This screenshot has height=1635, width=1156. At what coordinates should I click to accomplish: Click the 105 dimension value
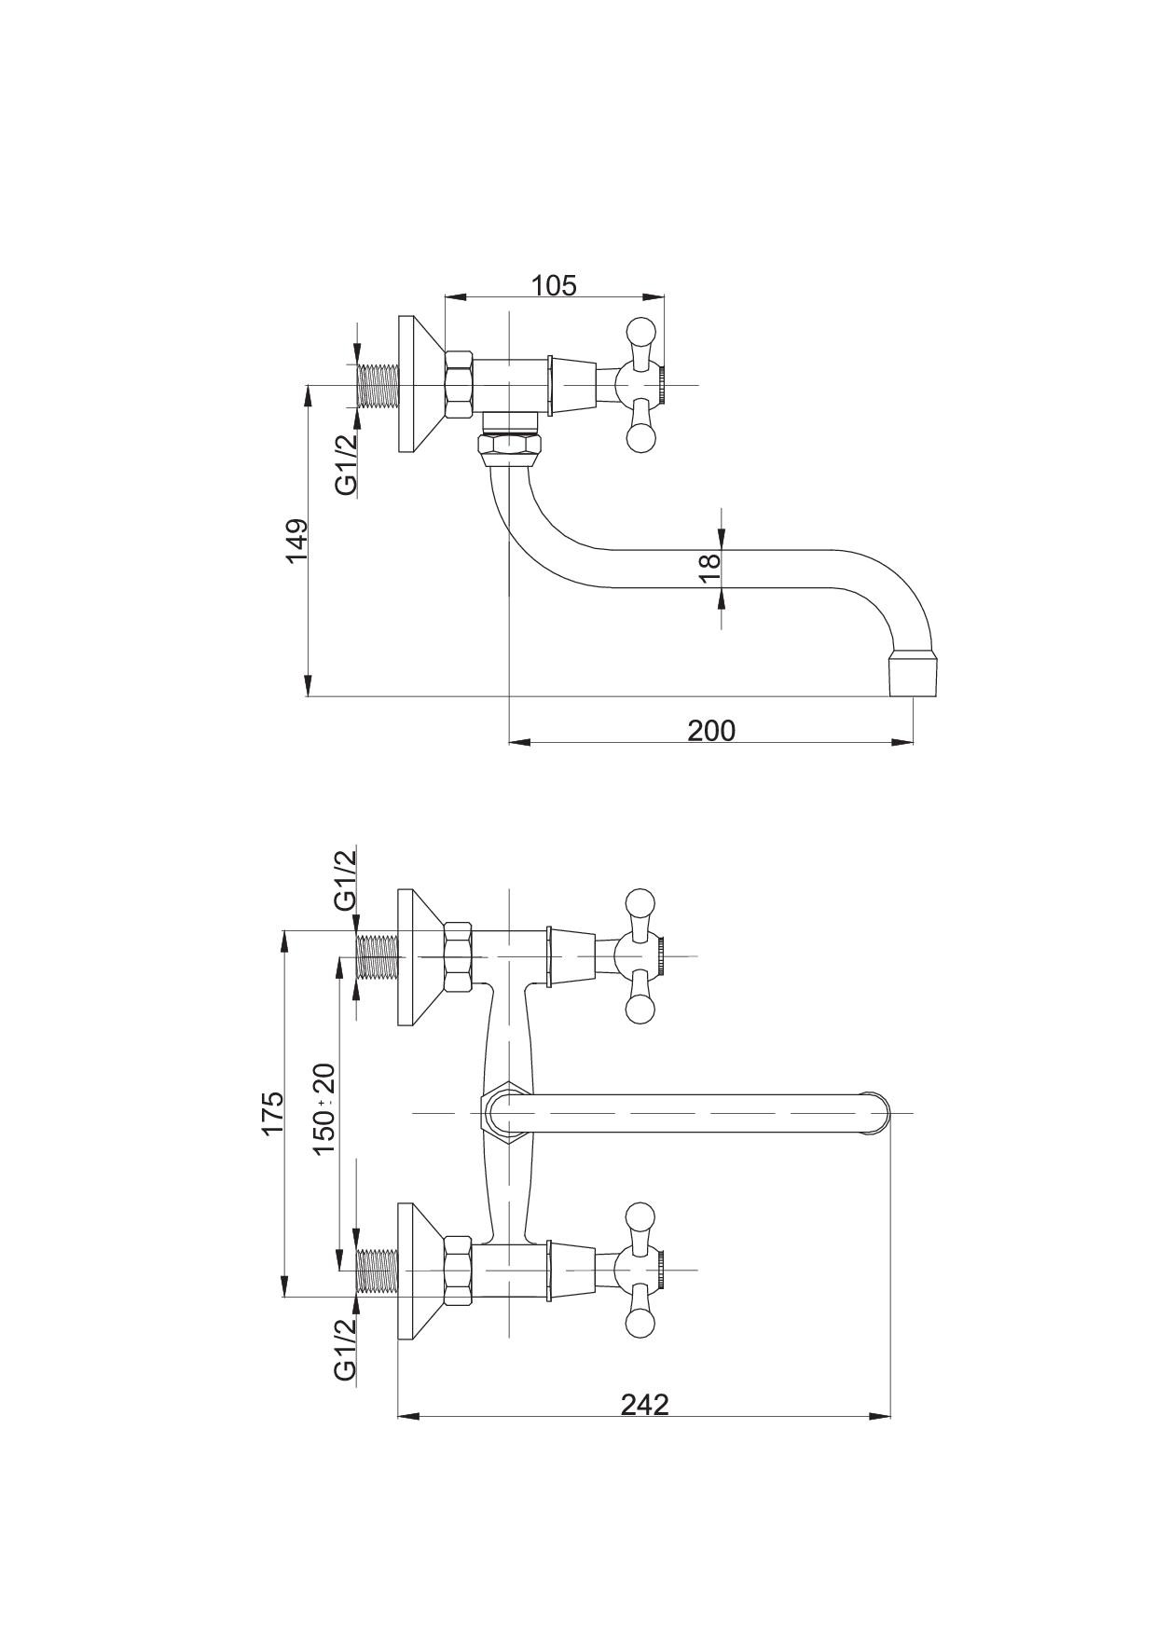coord(554,284)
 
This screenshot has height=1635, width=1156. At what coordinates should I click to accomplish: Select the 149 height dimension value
coord(296,541)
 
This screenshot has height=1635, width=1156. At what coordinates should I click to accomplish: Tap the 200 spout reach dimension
coord(711,730)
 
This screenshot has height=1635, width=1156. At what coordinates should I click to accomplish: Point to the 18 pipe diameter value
coord(709,569)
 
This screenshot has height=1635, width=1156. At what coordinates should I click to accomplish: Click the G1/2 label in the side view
coord(346,465)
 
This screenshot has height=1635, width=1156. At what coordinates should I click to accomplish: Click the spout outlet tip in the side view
coord(913,673)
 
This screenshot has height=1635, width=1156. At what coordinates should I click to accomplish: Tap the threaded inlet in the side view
coord(378,384)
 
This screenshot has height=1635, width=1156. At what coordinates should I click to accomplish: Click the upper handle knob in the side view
coord(641,331)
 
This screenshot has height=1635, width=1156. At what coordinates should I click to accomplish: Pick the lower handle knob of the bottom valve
coord(641,1324)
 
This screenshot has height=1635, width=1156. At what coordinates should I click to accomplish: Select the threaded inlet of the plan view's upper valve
coord(378,956)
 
